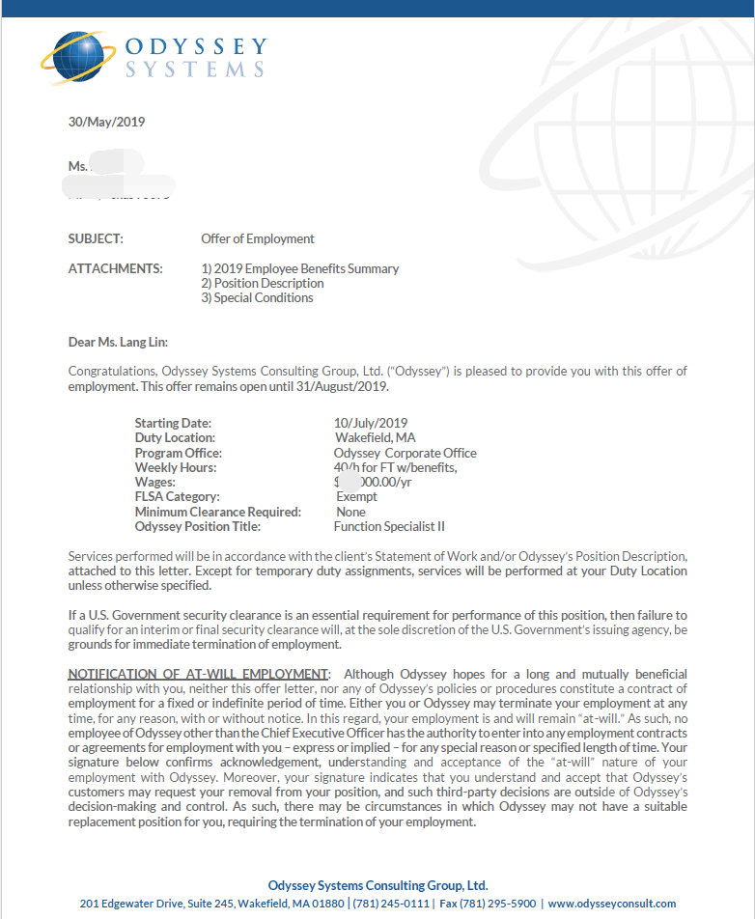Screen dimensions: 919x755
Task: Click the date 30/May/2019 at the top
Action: (x=106, y=122)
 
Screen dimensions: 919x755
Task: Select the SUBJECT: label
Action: (x=96, y=238)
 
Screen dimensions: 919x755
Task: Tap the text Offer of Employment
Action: (x=258, y=238)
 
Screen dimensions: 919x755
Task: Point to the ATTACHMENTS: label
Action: (x=115, y=268)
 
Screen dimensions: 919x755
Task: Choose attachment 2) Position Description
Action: (x=263, y=283)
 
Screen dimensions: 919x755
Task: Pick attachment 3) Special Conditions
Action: (x=257, y=297)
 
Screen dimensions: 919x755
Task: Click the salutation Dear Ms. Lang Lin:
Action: (x=118, y=341)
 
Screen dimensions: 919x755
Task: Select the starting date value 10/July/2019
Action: (x=371, y=423)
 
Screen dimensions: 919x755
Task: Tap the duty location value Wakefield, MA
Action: (x=376, y=437)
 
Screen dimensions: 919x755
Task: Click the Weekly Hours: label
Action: (x=176, y=467)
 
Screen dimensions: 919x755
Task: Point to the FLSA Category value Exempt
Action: (x=356, y=496)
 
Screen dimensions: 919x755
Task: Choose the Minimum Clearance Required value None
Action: (x=350, y=512)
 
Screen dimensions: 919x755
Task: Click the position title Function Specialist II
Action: (x=389, y=526)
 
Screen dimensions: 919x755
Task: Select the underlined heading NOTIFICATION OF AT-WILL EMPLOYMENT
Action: (x=199, y=673)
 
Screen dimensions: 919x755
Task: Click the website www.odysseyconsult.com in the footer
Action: (x=612, y=904)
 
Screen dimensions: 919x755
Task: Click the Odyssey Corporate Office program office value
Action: (x=405, y=453)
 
